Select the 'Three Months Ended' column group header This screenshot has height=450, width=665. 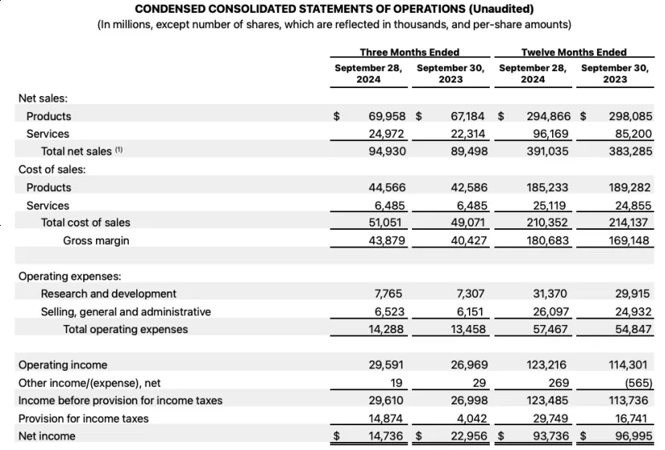click(x=409, y=52)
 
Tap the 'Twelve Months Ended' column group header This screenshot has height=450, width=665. click(x=573, y=52)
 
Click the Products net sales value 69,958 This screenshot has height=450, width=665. click(x=387, y=116)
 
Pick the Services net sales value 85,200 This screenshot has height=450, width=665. click(x=631, y=134)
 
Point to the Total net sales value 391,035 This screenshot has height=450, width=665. click(x=547, y=151)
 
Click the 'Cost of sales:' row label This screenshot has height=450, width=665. click(x=52, y=169)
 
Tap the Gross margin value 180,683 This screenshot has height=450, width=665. click(x=547, y=240)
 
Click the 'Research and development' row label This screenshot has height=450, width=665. click(x=109, y=294)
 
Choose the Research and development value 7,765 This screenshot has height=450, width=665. click(x=388, y=294)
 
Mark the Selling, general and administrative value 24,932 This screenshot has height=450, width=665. click(x=631, y=311)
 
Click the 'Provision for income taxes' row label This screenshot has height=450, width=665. click(x=83, y=418)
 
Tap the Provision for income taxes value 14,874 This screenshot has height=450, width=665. click(x=387, y=418)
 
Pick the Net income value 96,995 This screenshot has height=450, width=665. click(x=631, y=436)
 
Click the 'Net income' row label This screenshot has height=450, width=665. click(x=46, y=436)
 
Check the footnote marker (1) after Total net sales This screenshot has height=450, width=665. click(x=119, y=150)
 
